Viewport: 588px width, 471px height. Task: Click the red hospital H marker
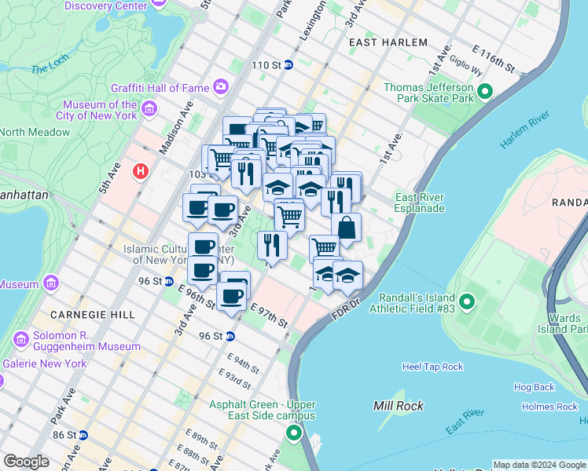tap(141, 170)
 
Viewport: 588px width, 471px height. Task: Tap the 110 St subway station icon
tap(288, 65)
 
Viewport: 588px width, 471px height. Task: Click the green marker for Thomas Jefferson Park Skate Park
tap(485, 93)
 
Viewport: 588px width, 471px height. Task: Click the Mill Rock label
tap(399, 406)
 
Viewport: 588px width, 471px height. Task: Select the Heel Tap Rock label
tap(433, 367)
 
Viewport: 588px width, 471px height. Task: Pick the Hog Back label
tap(534, 387)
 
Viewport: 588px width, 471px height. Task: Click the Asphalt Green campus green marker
tap(294, 433)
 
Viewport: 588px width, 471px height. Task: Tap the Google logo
tap(26, 462)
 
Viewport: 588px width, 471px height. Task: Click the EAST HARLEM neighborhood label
tap(388, 42)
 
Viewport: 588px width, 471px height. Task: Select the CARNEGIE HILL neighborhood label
tap(93, 314)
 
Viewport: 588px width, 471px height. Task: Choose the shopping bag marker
tap(346, 228)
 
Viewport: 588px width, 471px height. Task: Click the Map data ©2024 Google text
tap(539, 465)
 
